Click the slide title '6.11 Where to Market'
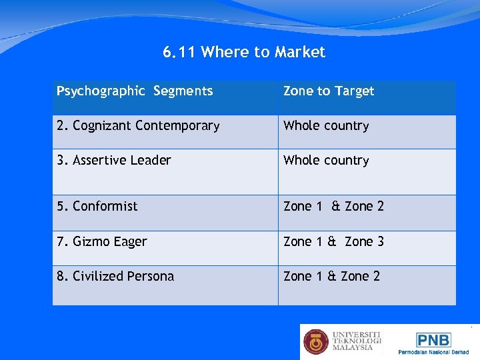click(244, 52)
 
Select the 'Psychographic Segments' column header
click(135, 91)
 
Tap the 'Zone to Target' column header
click(329, 91)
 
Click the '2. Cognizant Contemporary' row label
click(138, 125)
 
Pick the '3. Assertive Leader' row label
click(113, 160)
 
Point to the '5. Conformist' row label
click(97, 206)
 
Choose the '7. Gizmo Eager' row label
click(101, 241)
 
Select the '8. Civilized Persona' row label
click(115, 276)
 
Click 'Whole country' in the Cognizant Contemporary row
click(326, 125)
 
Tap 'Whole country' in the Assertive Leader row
click(326, 160)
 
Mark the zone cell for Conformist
click(333, 206)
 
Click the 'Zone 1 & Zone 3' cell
click(333, 241)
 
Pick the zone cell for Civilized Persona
click(331, 276)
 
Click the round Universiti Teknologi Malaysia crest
click(316, 341)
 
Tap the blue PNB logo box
click(433, 339)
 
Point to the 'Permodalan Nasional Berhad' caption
click(433, 351)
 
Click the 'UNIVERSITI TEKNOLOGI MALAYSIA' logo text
click(357, 341)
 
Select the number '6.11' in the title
click(179, 52)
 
